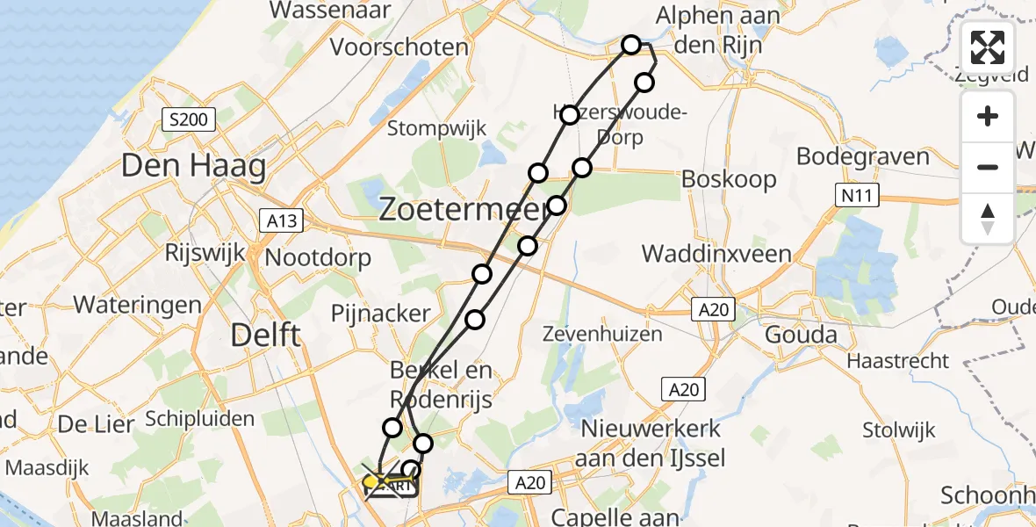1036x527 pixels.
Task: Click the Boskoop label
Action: (730, 180)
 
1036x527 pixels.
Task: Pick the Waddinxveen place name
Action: (716, 255)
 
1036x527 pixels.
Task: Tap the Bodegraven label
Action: (862, 157)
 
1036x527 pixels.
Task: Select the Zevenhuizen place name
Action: (600, 334)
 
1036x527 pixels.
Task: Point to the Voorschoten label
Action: (399, 47)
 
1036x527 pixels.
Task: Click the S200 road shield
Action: (188, 119)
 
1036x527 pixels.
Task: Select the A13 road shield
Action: (282, 221)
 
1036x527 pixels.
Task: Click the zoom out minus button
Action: (988, 167)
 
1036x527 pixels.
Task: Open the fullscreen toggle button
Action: (988, 47)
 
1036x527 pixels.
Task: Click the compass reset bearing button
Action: (988, 217)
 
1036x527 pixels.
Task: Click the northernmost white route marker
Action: (631, 44)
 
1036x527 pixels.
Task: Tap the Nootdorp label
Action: (318, 258)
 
